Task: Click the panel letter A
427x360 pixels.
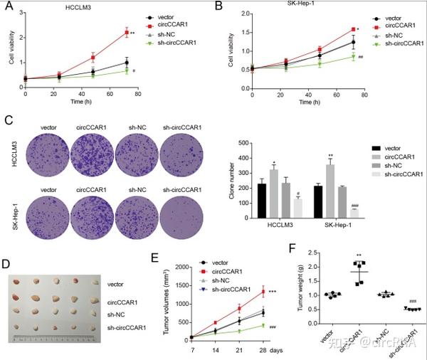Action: click(x=9, y=7)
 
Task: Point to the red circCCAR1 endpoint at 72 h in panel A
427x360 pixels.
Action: click(x=126, y=33)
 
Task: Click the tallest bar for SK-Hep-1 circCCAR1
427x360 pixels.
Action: click(x=330, y=185)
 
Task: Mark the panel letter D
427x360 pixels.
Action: click(x=9, y=265)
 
